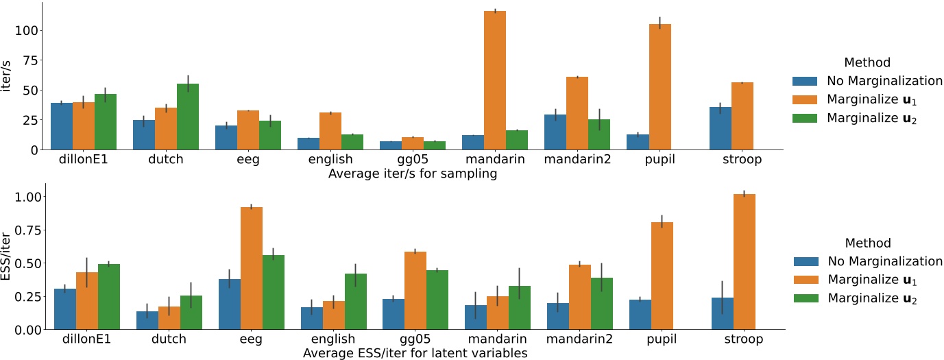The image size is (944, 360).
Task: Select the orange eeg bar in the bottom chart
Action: (x=252, y=268)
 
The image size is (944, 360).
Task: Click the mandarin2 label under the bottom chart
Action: (x=577, y=339)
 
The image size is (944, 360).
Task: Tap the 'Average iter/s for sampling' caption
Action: (x=413, y=173)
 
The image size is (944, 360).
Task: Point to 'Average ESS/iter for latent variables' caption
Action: (x=414, y=353)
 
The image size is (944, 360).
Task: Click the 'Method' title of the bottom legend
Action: (x=867, y=243)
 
